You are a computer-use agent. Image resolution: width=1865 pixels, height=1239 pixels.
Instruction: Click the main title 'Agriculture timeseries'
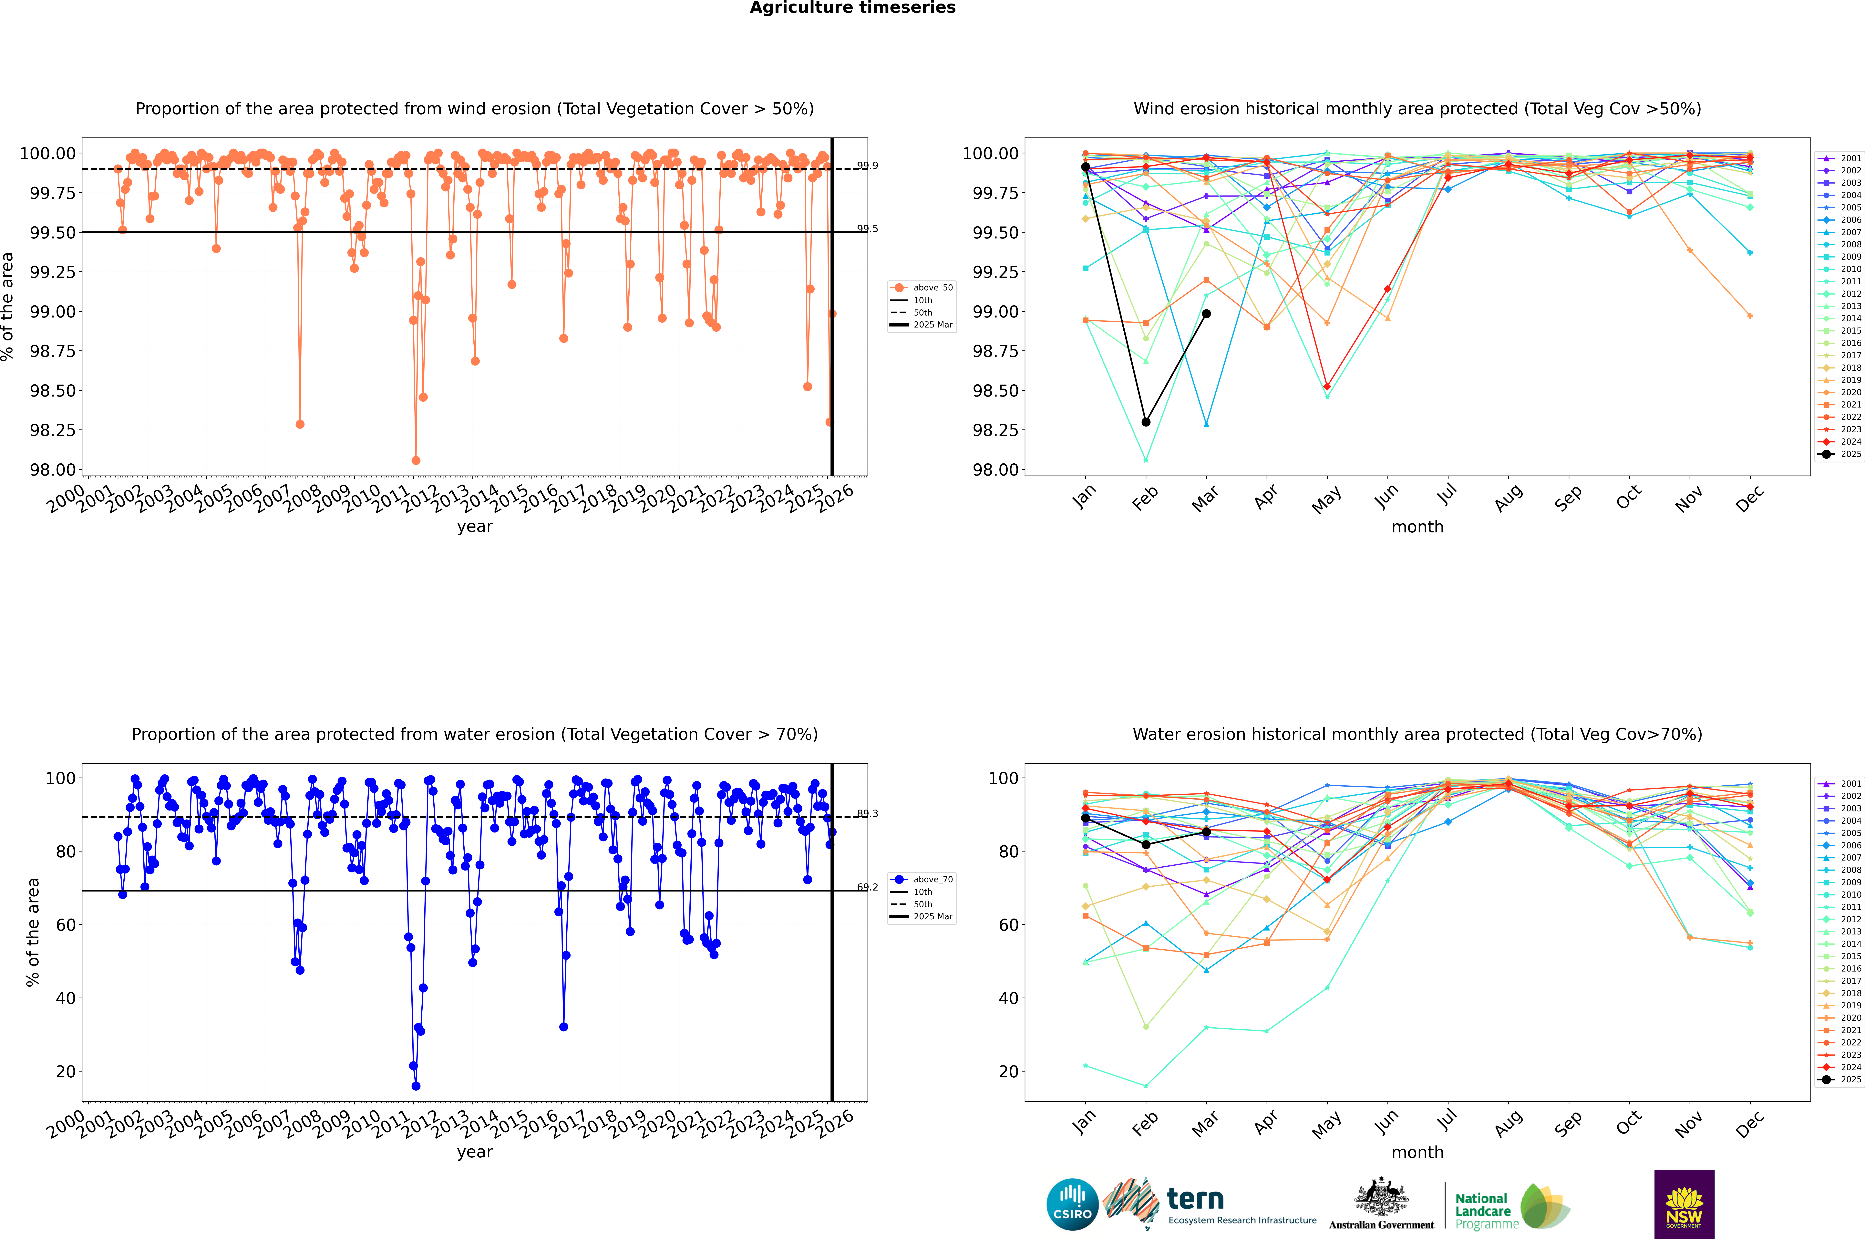(852, 8)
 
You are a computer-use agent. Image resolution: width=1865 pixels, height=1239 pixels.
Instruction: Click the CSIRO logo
(1072, 1204)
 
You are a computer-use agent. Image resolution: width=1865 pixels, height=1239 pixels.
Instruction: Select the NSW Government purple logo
(1684, 1204)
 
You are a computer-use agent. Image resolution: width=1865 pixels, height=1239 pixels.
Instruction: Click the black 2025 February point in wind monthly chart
(1146, 422)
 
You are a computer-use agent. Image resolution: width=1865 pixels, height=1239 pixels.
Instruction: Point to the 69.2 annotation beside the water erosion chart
(867, 887)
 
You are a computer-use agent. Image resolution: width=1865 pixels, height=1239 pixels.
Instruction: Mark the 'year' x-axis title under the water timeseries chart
(474, 1152)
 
